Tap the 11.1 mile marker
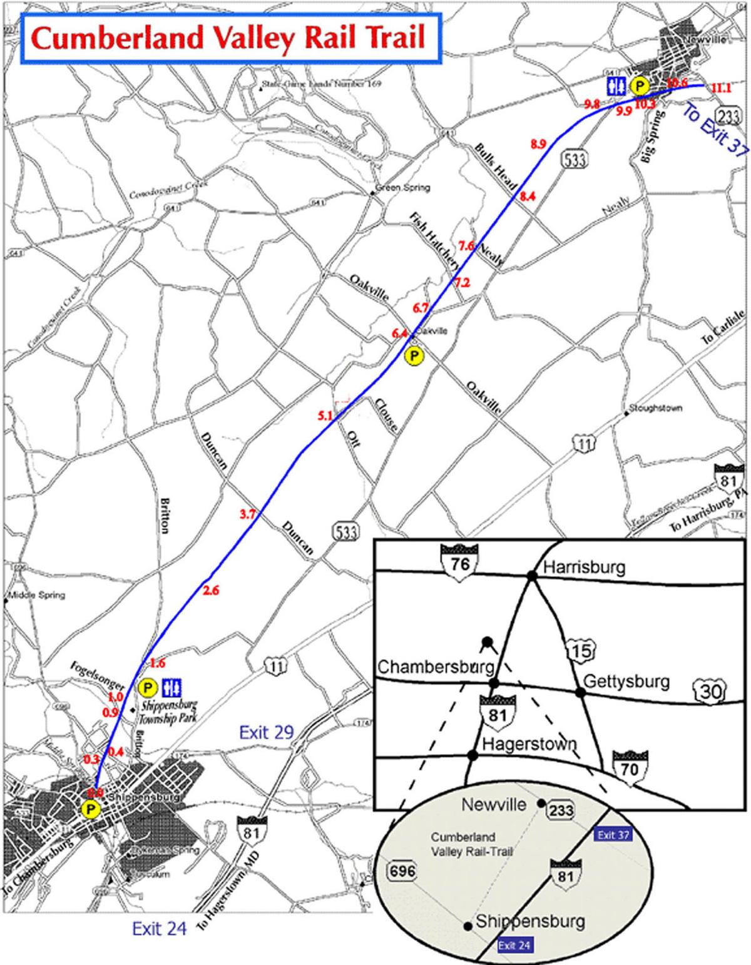721,89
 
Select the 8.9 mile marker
538,144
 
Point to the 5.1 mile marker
325,415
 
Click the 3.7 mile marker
248,514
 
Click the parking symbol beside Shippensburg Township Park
148,688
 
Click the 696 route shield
401,870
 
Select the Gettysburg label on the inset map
626,681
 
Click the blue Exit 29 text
266,732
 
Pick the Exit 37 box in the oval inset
613,835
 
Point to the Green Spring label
404,188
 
